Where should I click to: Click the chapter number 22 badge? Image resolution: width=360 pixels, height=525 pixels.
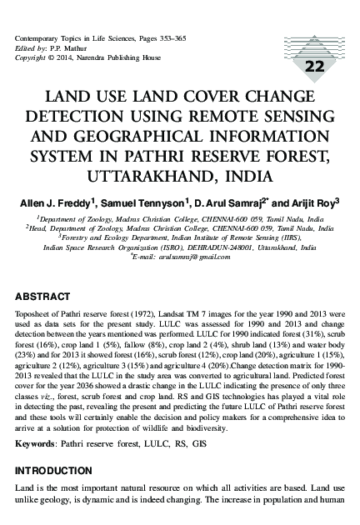316,67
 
